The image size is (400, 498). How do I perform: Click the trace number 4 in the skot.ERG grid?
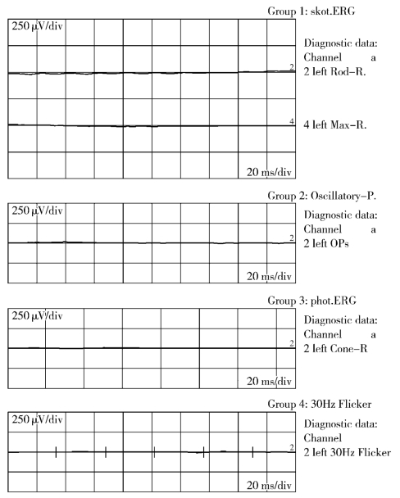tap(292, 121)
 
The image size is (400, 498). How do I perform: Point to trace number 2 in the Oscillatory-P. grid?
tap(292, 238)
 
